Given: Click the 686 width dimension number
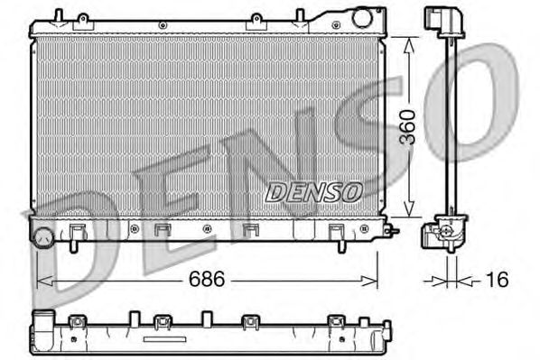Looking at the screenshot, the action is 207,279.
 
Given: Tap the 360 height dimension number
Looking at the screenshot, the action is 407,127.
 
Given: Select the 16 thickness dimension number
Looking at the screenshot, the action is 497,279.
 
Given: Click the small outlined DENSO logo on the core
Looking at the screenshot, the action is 313,192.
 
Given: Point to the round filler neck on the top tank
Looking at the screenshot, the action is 361,18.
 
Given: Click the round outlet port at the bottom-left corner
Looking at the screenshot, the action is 43,237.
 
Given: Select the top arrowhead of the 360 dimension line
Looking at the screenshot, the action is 409,45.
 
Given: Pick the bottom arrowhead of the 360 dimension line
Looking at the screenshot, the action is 409,208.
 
